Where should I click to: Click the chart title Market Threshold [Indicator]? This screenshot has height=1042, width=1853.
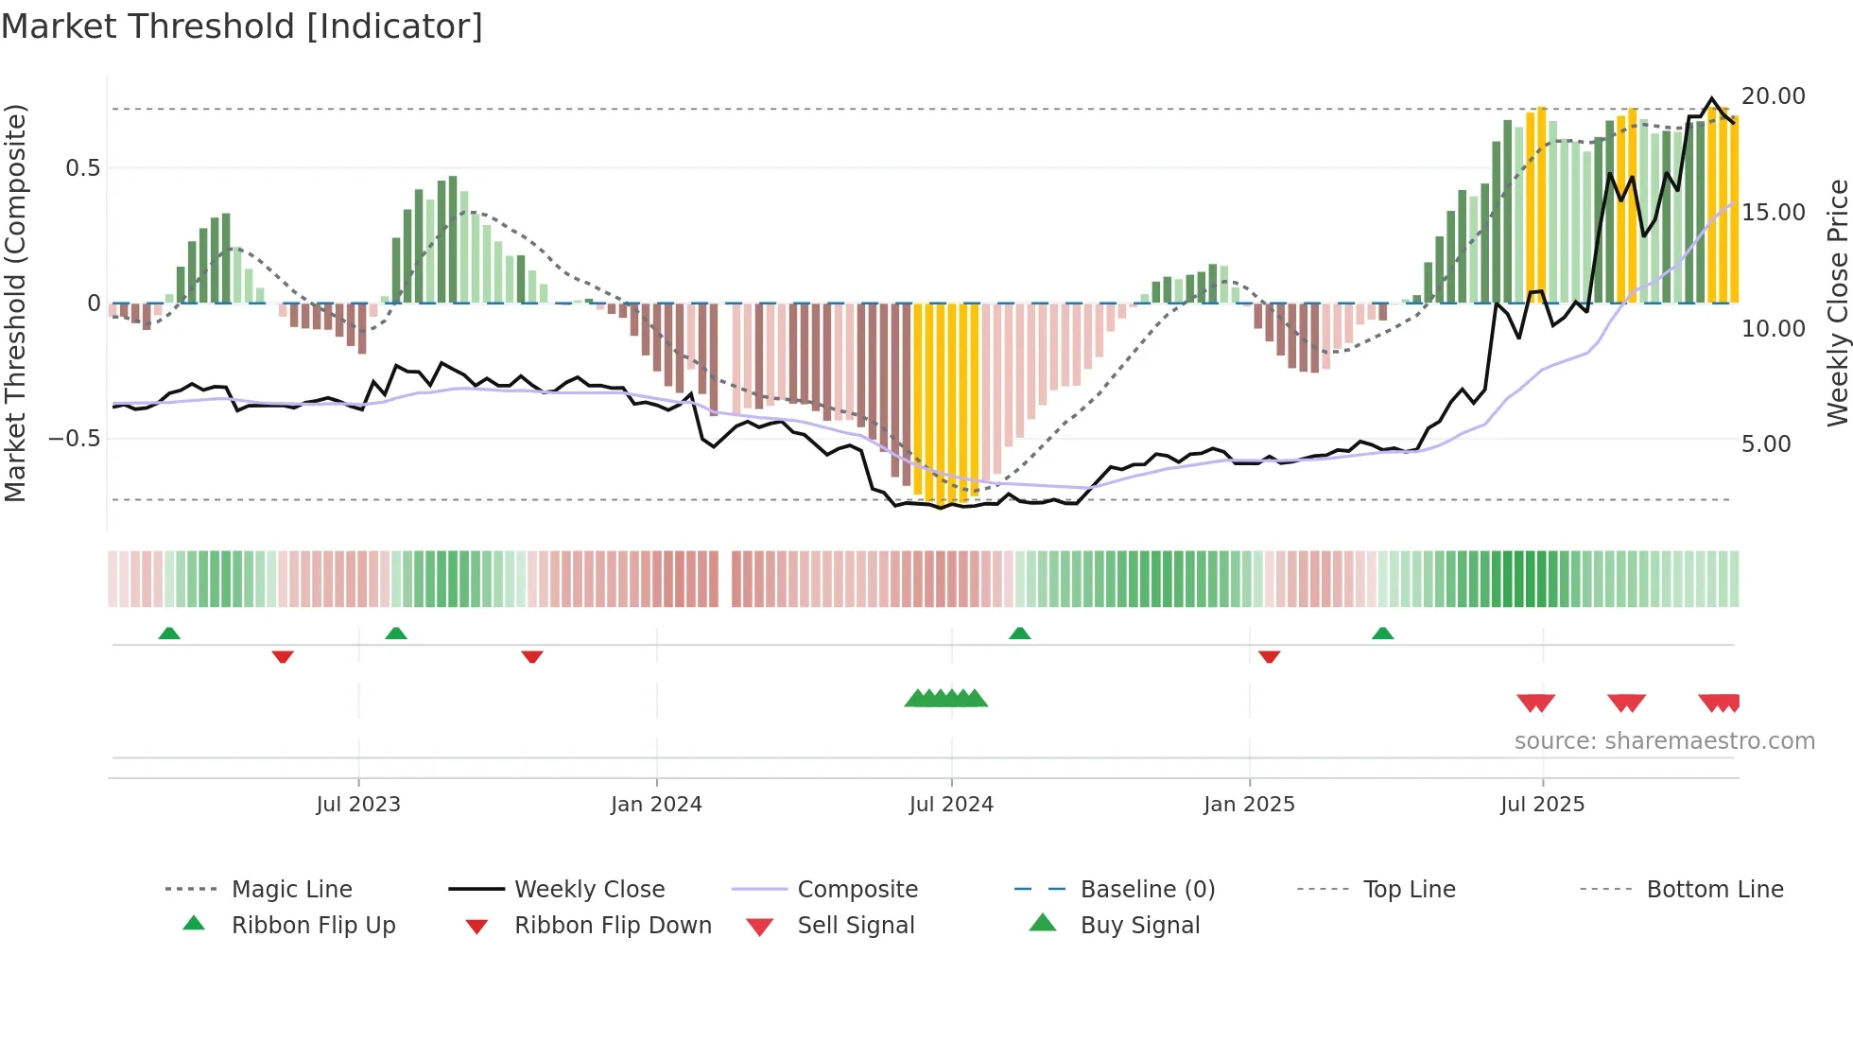pyautogui.click(x=242, y=26)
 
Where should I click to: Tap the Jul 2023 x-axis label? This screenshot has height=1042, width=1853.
pyautogui.click(x=358, y=805)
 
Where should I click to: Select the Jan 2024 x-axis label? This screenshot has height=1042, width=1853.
pyautogui.click(x=656, y=805)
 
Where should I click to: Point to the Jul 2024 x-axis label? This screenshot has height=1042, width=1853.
pyautogui.click(x=951, y=805)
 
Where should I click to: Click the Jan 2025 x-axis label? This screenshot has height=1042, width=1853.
pyautogui.click(x=1249, y=805)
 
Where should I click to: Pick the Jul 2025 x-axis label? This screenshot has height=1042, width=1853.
pyautogui.click(x=1542, y=805)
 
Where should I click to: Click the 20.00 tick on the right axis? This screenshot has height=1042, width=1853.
pyautogui.click(x=1773, y=96)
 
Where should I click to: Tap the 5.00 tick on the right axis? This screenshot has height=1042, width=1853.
pyautogui.click(x=1765, y=444)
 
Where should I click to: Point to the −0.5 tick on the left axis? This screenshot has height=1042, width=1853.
pyautogui.click(x=74, y=439)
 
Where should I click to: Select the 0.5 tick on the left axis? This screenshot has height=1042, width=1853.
pyautogui.click(x=82, y=168)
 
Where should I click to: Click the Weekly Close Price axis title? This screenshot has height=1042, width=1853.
pyautogui.click(x=1837, y=303)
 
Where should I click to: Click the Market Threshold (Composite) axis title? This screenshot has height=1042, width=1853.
pyautogui.click(x=15, y=303)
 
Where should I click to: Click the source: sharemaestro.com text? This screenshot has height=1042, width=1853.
pyautogui.click(x=1664, y=741)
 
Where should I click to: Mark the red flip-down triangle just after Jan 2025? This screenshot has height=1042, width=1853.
pyautogui.click(x=1269, y=656)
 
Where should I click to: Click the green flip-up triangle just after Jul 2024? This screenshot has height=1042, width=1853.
pyautogui.click(x=1019, y=634)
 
